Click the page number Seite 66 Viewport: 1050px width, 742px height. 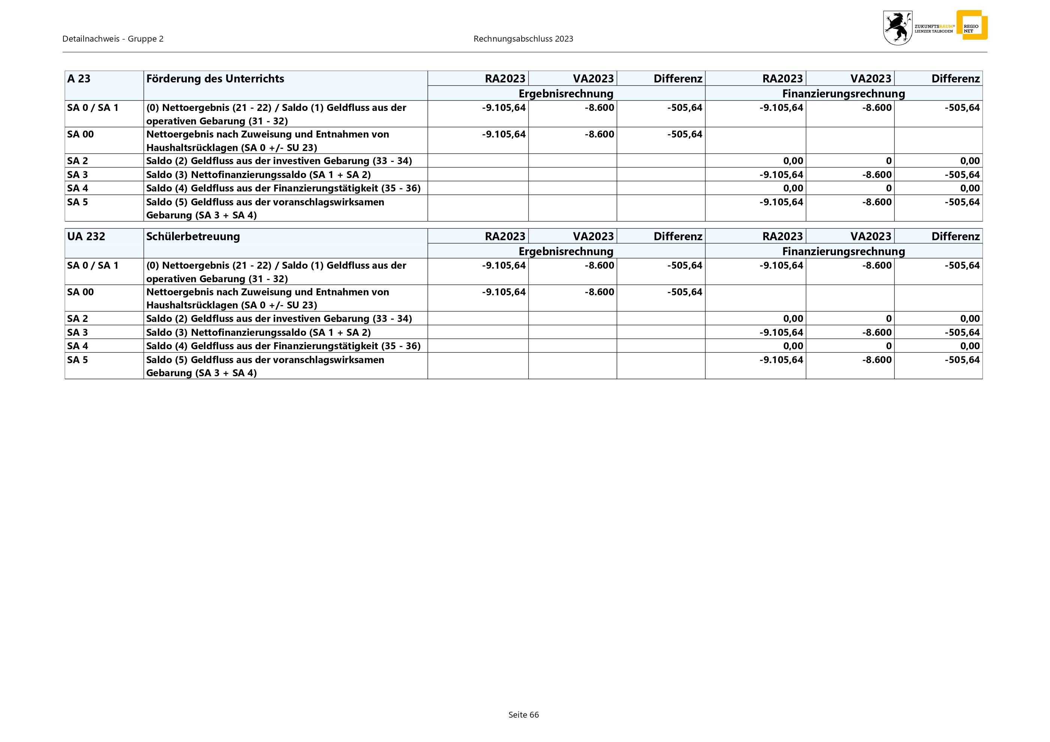click(x=523, y=715)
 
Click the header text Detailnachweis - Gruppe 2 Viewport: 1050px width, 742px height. click(x=113, y=39)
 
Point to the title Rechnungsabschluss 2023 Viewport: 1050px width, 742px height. click(x=523, y=39)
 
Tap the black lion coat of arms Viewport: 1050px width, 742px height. click(x=897, y=28)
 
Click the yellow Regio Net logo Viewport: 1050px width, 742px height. click(x=971, y=25)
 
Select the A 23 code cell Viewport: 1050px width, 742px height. click(x=79, y=79)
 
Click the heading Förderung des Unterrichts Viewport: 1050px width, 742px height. click(x=215, y=79)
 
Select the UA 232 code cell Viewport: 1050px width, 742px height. click(x=86, y=236)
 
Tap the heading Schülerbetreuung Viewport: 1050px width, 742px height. click(x=193, y=236)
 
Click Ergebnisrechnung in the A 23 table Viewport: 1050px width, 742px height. click(x=566, y=94)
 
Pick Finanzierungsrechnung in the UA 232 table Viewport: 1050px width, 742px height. click(x=843, y=251)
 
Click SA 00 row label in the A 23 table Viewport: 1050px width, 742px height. click(x=81, y=134)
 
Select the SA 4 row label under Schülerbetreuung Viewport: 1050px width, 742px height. click(x=77, y=346)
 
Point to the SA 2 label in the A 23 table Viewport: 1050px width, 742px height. click(x=77, y=161)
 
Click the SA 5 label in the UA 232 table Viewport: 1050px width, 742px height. click(x=77, y=360)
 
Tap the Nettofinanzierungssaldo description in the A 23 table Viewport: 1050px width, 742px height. click(x=258, y=175)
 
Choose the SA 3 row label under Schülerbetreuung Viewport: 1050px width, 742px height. click(x=77, y=332)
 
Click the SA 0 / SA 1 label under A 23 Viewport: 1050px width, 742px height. click(x=93, y=108)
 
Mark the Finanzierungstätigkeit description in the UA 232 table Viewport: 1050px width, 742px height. click(x=283, y=346)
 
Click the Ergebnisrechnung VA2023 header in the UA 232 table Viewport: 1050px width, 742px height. click(x=593, y=236)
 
